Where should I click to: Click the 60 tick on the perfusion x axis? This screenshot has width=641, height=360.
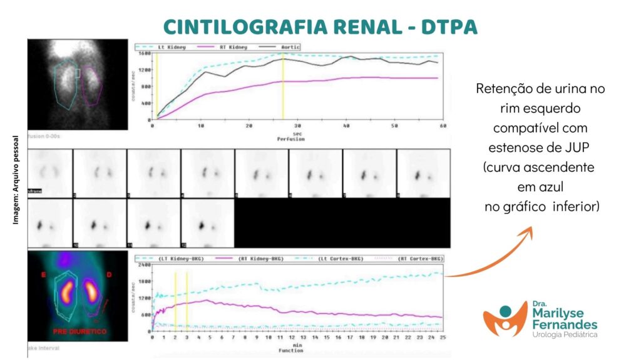(443, 126)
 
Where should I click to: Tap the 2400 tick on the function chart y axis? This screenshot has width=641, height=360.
(143, 266)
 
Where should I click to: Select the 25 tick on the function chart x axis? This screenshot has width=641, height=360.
(443, 338)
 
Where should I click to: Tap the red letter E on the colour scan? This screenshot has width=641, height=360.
(44, 273)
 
